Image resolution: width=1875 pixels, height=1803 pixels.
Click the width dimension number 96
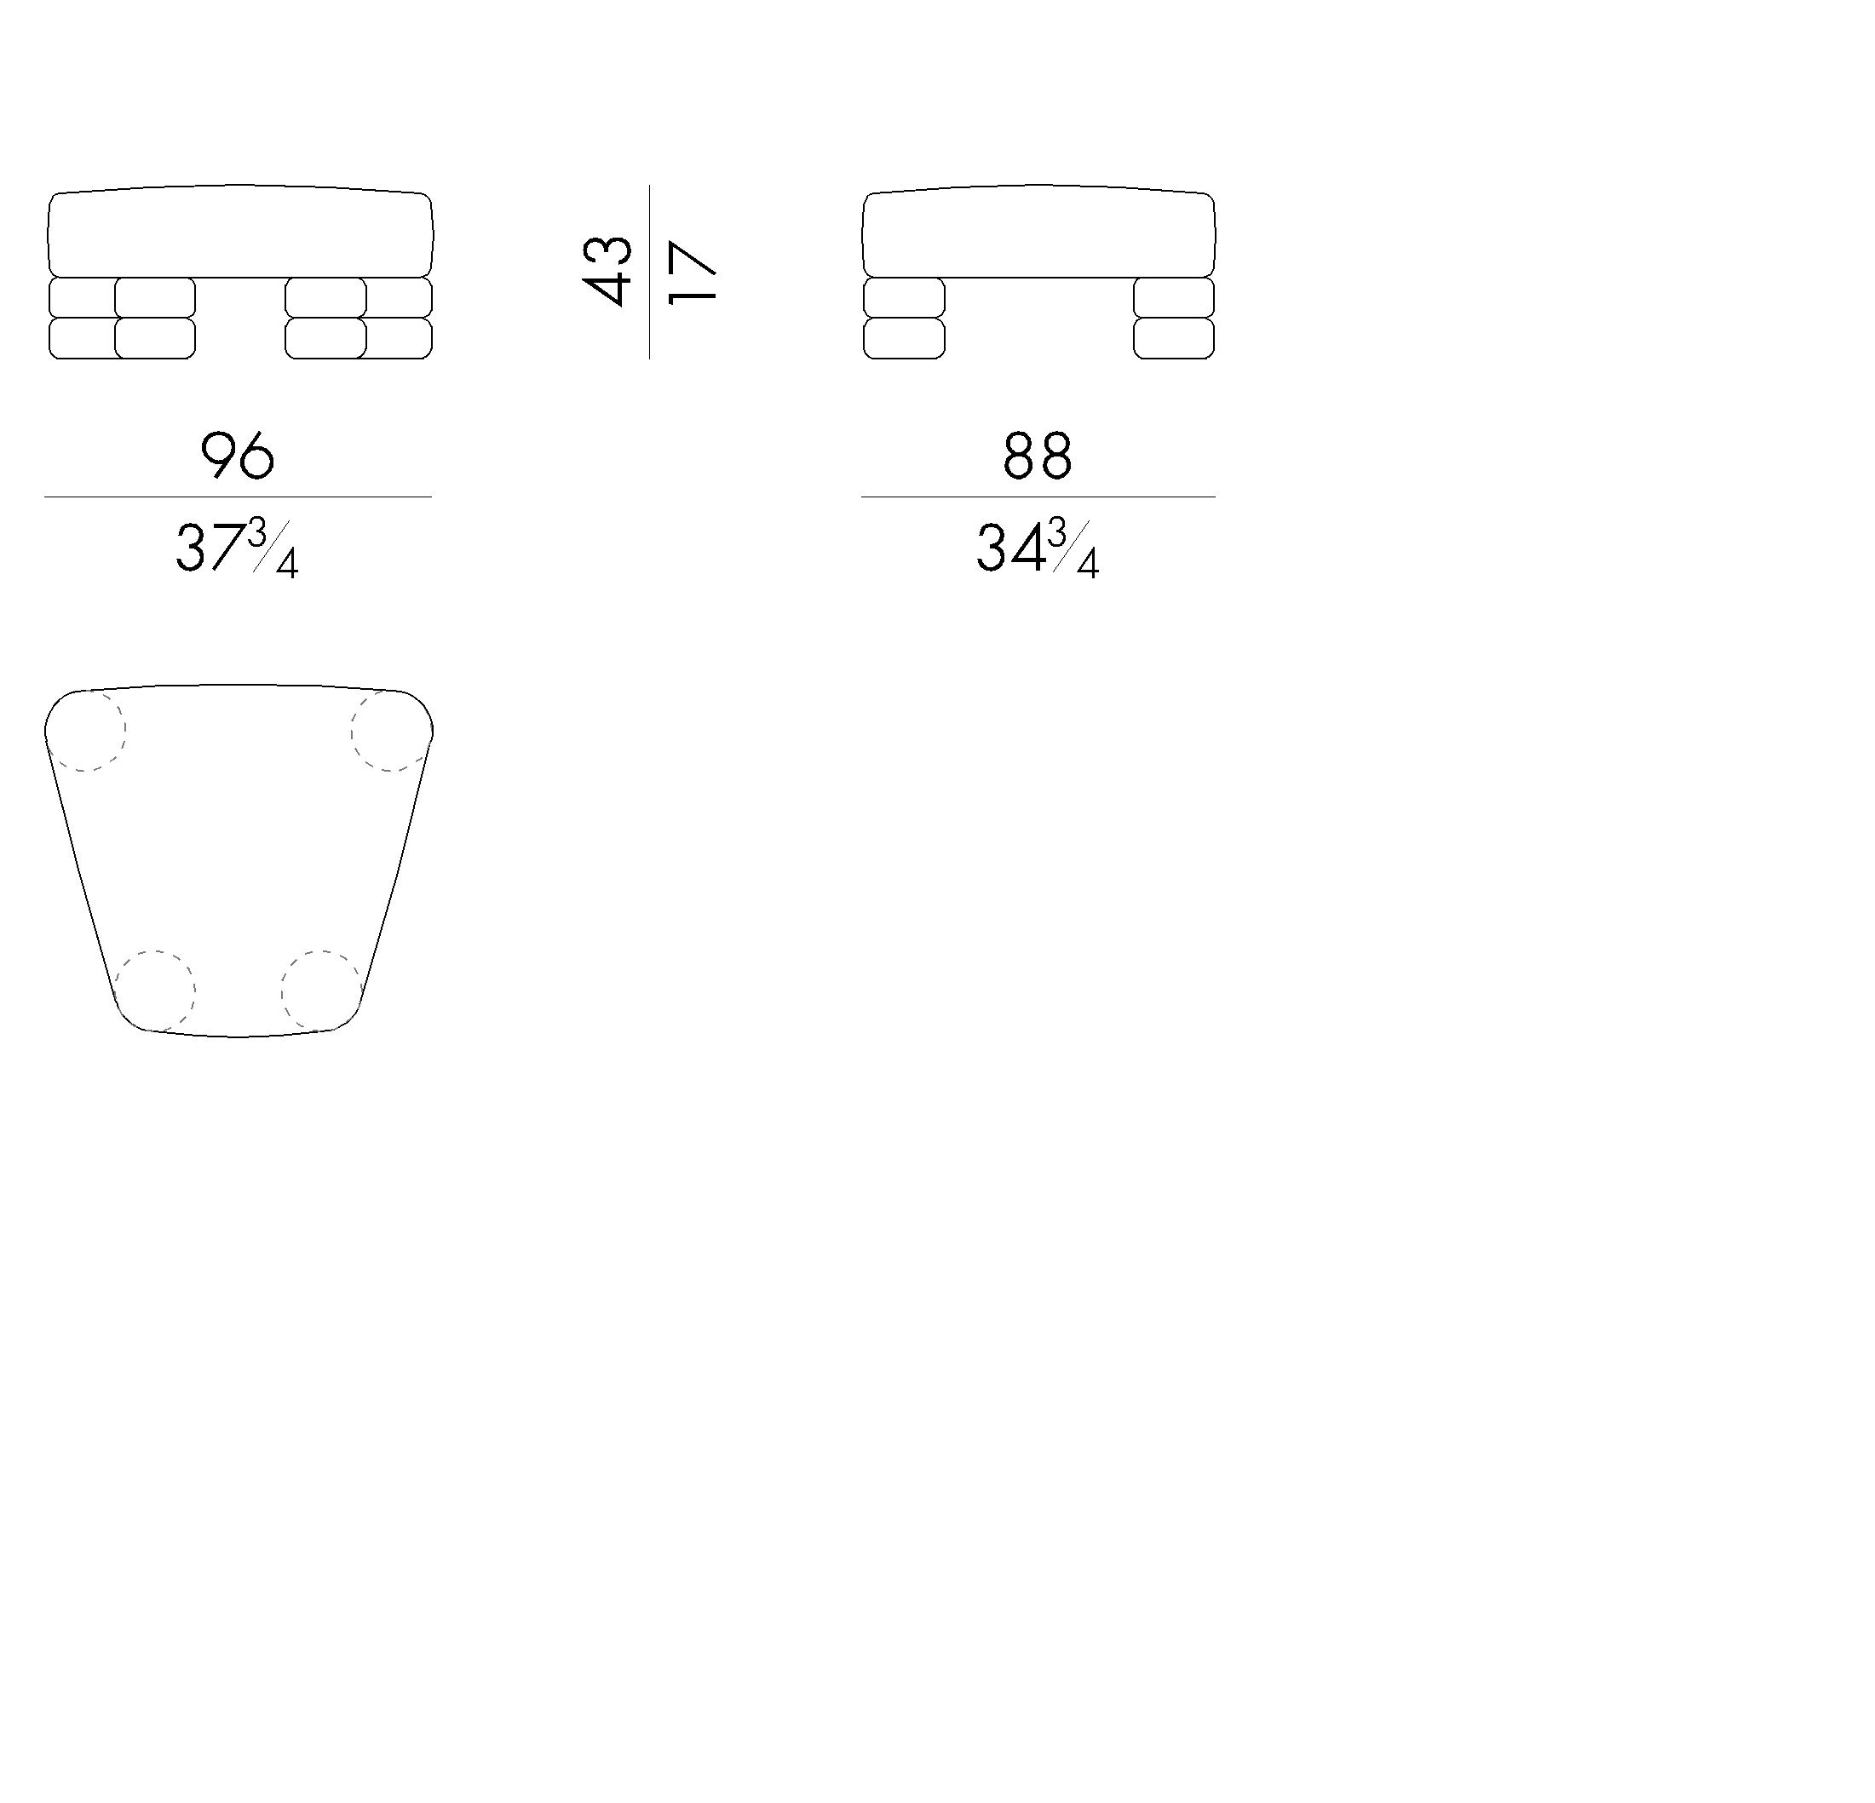[x=237, y=456]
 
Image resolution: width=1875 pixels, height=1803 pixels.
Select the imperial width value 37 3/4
[x=236, y=549]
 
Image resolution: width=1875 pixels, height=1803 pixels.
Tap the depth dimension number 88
[x=1037, y=456]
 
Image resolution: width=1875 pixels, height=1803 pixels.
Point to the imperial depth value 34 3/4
[x=1037, y=549]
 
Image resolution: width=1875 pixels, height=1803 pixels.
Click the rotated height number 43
[x=607, y=271]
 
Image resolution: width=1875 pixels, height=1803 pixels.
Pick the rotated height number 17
[x=692, y=273]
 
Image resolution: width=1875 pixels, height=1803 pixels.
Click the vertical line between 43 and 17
[x=649, y=272]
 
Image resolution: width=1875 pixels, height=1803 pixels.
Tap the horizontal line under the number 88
[x=1038, y=497]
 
